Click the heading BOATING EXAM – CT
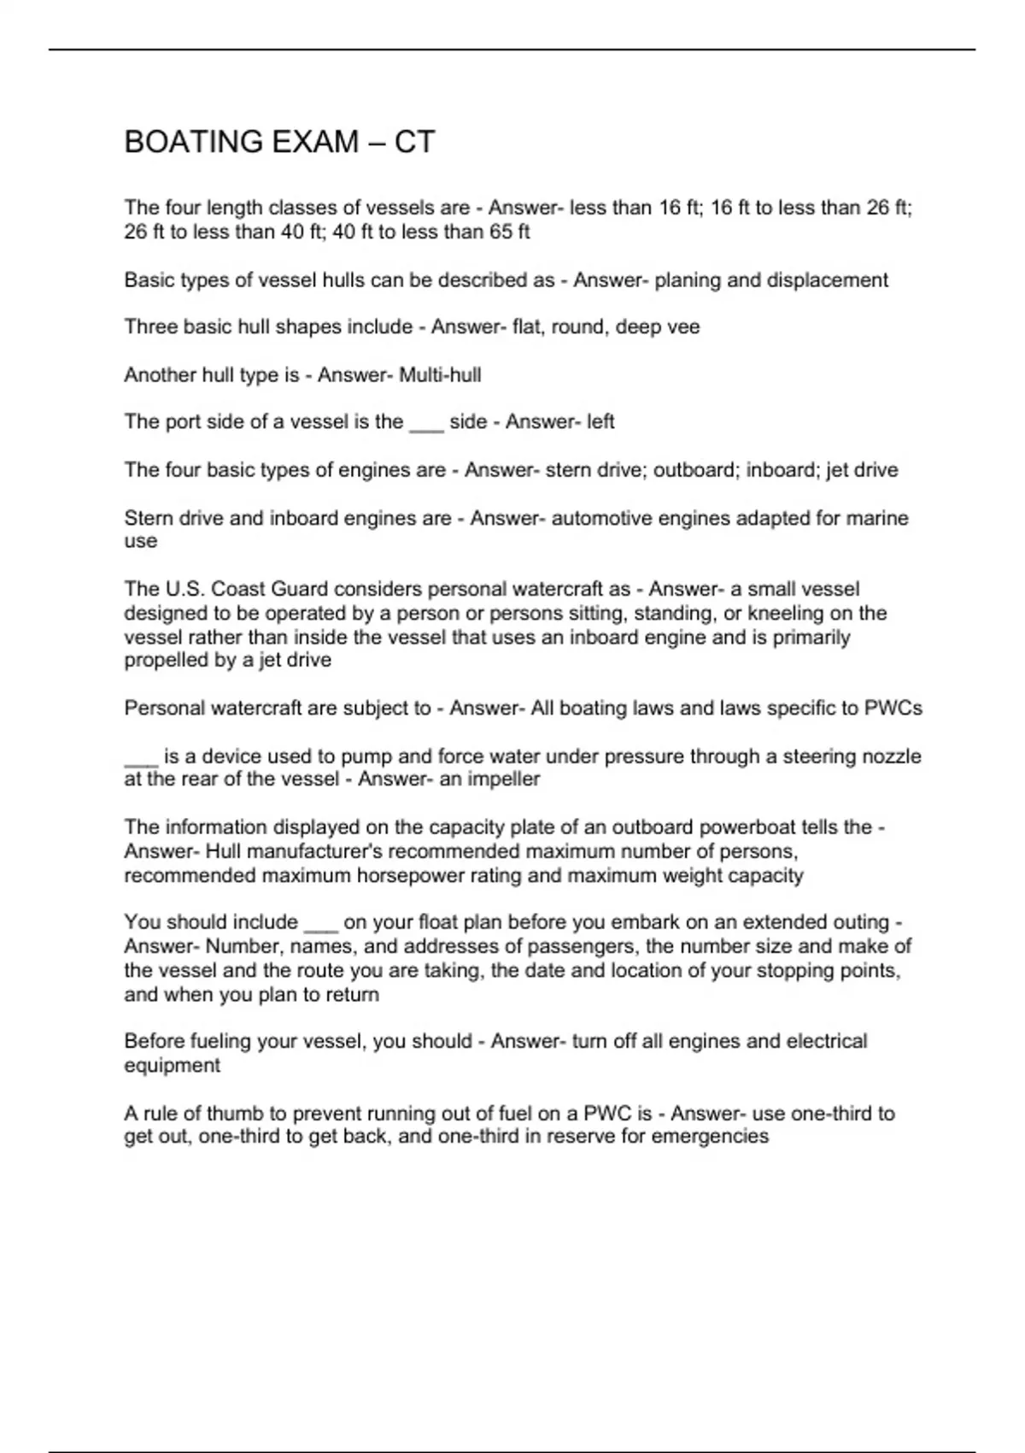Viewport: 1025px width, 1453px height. coord(279,142)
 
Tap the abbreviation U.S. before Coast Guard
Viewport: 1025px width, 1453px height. coord(165,590)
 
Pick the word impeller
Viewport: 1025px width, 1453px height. coord(503,779)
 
